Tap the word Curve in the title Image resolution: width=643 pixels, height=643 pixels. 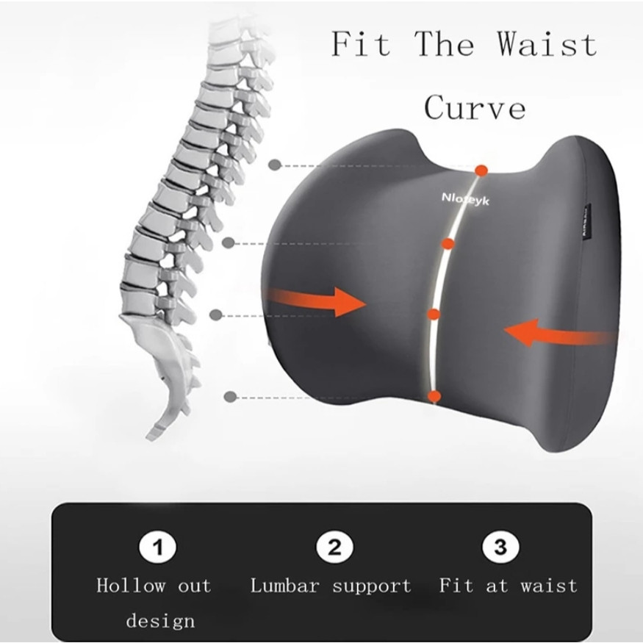pos(475,107)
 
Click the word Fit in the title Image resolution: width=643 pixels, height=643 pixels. pos(359,44)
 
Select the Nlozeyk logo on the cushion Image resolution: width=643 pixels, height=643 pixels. pos(465,198)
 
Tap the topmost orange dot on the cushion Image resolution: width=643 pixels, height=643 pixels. pos(481,170)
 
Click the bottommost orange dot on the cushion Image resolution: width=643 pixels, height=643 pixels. pos(434,397)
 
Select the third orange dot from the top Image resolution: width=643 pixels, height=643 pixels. pos(434,315)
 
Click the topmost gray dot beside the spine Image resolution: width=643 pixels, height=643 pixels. pos(275,165)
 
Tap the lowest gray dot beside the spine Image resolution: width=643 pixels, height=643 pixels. pos(230,397)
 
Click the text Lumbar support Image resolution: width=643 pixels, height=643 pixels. pos(331,586)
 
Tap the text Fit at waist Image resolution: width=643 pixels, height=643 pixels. pos(509,586)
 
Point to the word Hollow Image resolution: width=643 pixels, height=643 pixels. pos(131,586)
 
